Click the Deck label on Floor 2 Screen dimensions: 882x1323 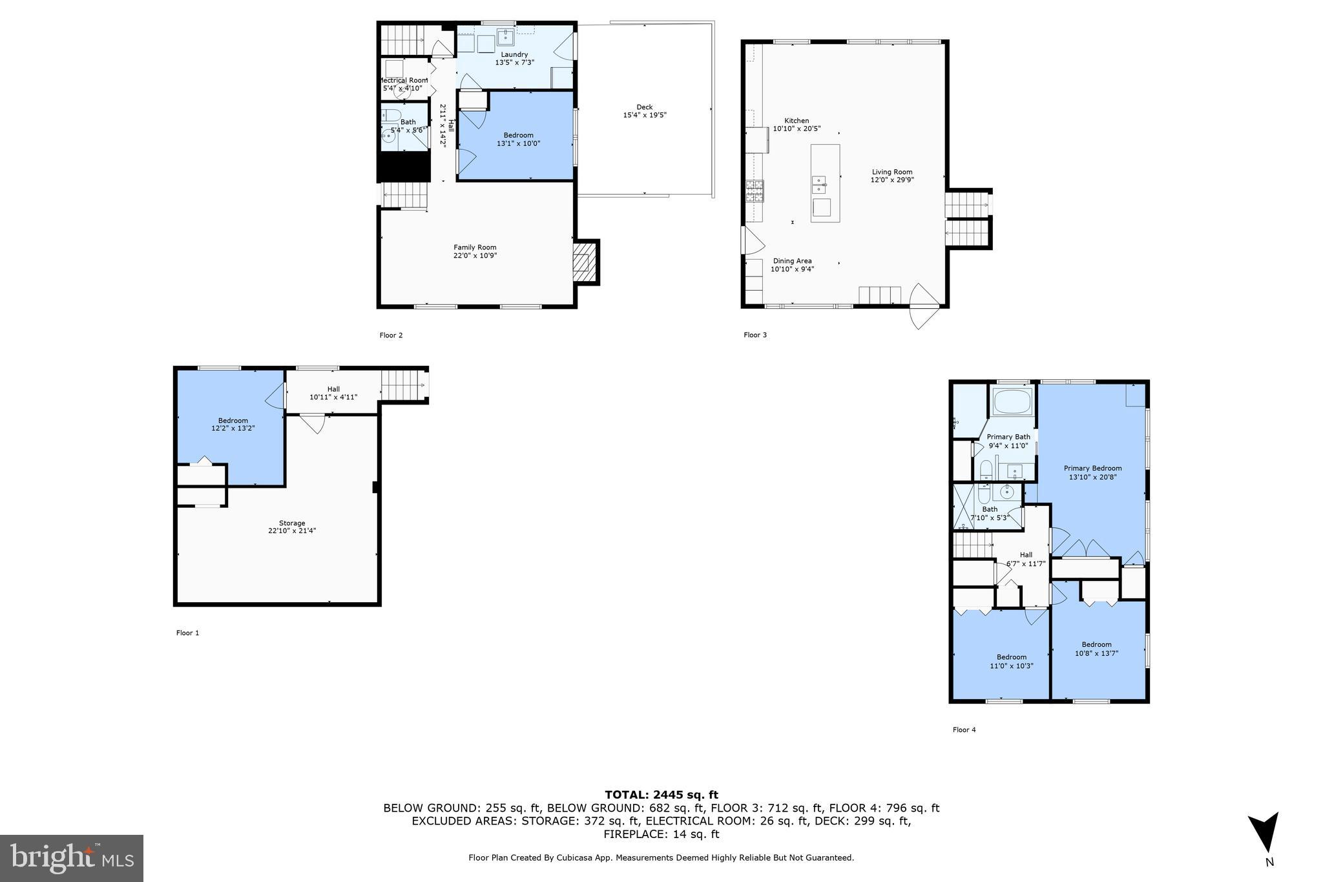coord(644,107)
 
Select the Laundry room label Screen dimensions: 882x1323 coord(514,54)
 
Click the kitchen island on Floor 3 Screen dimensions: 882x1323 coord(825,184)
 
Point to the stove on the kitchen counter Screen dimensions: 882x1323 coord(755,191)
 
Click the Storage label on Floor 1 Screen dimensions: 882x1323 coord(292,523)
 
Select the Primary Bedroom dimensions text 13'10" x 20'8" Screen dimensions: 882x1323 coord(1092,477)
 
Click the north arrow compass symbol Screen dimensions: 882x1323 coord(1264,833)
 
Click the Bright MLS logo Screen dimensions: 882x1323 coord(72,857)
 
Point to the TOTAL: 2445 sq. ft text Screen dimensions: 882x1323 coord(661,795)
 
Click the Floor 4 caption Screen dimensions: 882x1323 coord(964,730)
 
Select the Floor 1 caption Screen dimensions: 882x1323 coord(187,633)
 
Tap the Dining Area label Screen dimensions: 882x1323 coord(792,261)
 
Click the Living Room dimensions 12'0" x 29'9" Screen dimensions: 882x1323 coord(891,180)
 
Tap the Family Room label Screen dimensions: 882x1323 coord(475,247)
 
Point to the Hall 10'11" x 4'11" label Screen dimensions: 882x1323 coord(333,393)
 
